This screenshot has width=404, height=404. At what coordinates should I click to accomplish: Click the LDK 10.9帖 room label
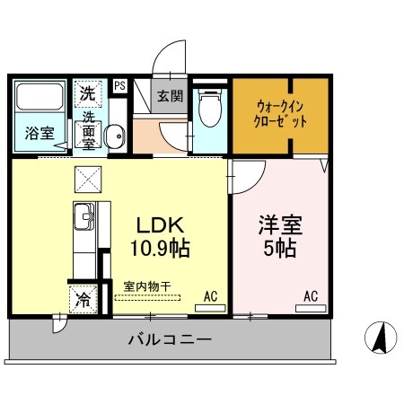click(x=162, y=235)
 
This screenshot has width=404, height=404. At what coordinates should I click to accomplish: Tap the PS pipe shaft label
click(x=119, y=87)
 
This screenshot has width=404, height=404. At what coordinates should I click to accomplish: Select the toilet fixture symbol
click(x=208, y=110)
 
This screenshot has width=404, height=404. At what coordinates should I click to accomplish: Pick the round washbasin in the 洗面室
click(x=114, y=136)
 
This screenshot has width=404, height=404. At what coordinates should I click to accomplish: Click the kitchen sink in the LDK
click(x=83, y=215)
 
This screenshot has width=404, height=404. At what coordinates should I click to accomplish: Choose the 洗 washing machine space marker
click(x=88, y=92)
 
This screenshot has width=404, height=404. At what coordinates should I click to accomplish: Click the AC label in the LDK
click(x=210, y=294)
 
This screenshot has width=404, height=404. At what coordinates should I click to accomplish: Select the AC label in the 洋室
click(x=311, y=294)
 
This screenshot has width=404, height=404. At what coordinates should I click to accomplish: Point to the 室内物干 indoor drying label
click(x=148, y=286)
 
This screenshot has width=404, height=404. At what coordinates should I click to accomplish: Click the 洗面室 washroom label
click(x=90, y=128)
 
